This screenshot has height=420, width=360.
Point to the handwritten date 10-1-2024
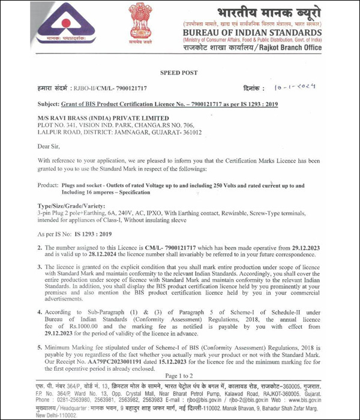pyautogui.click(x=298, y=87)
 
